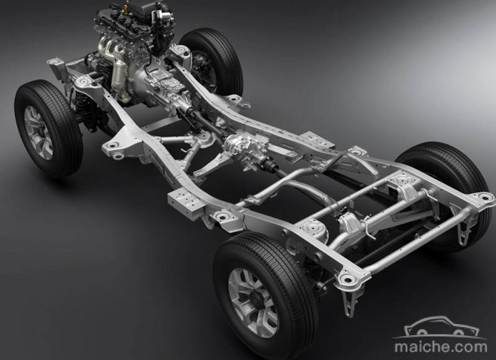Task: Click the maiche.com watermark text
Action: [x=441, y=347]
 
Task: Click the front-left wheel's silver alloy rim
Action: [x=38, y=133]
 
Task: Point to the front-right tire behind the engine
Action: [x=212, y=60]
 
